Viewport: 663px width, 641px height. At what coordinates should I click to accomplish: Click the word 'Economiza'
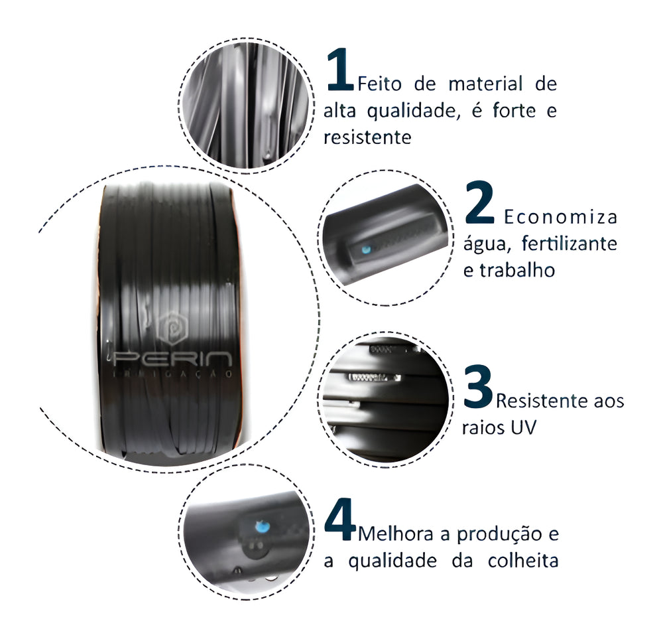[x=561, y=217]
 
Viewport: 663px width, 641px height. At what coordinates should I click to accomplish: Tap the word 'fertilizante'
[x=569, y=244]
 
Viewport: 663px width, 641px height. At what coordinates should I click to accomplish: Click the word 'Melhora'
[x=396, y=534]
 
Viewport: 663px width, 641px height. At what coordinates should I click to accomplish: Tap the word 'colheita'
[x=523, y=561]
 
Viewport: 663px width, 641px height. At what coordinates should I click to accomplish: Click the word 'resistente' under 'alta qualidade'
[x=367, y=137]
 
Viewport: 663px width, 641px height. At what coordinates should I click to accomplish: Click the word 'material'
[x=485, y=84]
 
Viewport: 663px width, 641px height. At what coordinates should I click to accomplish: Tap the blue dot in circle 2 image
[x=366, y=249]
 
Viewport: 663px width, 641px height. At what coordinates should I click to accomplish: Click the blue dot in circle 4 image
[x=263, y=527]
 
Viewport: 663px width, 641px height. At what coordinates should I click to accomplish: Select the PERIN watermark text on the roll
[x=172, y=359]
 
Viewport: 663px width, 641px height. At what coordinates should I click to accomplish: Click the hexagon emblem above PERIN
[x=172, y=327]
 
